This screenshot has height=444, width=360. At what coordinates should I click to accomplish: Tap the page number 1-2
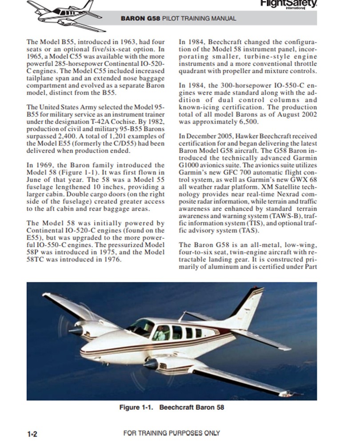(32, 434)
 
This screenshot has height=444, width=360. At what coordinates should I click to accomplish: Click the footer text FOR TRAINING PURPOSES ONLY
(172, 433)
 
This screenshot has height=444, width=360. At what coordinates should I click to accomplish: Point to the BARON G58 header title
(178, 19)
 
